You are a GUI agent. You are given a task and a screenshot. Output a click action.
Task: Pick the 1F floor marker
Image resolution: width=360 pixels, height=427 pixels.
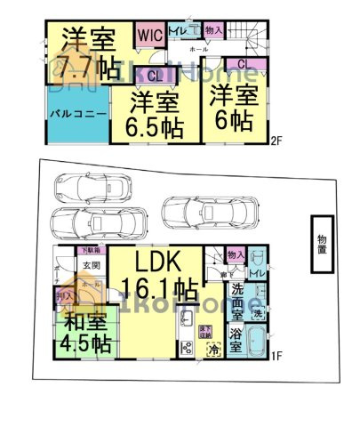276,357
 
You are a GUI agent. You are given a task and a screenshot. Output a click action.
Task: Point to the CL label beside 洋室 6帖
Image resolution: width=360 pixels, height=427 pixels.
242,64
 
